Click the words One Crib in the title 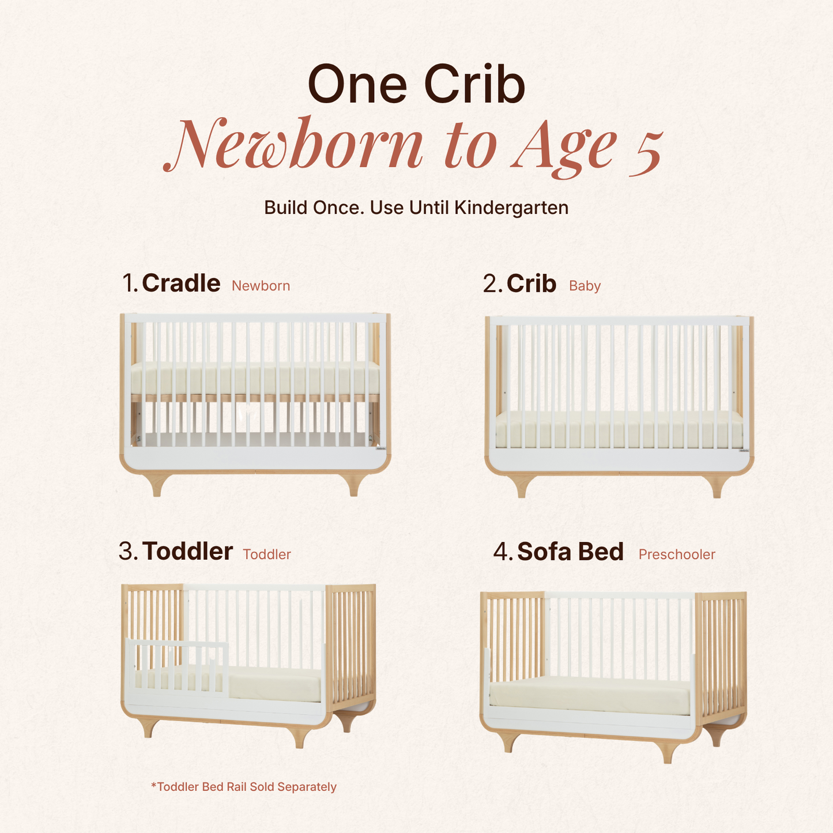tap(416, 84)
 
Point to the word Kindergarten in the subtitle tap(511, 208)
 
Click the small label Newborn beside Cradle tap(261, 286)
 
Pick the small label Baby tap(585, 286)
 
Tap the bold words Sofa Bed tap(570, 552)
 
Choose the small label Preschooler tap(677, 555)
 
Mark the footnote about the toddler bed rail tap(244, 787)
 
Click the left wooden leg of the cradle tap(157, 485)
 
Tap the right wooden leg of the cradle tap(355, 485)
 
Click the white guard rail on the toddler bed tap(177, 668)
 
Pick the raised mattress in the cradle tap(255, 379)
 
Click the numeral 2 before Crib tap(491, 284)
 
